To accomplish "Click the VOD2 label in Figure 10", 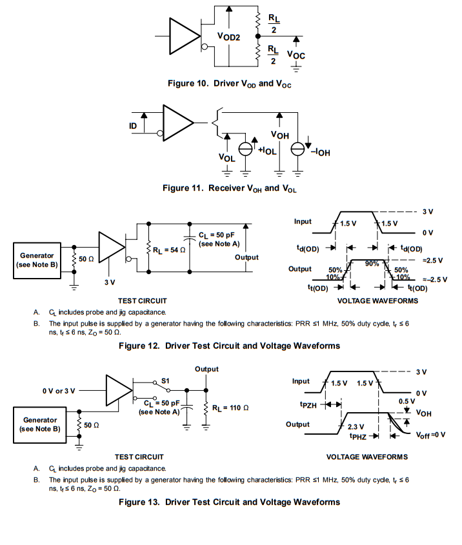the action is [x=228, y=37].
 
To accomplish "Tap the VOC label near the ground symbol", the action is [x=296, y=55].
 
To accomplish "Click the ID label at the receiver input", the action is [x=133, y=126].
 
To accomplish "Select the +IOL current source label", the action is [x=267, y=150].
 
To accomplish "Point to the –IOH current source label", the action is [x=320, y=152].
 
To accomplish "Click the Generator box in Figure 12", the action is [x=37, y=261].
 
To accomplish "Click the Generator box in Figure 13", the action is [x=39, y=425].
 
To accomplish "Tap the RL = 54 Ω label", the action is [x=169, y=250].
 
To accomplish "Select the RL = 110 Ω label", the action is [x=230, y=408].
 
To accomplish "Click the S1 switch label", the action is [x=165, y=381].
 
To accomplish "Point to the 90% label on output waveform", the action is [x=372, y=264].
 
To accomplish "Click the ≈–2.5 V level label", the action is [x=435, y=279].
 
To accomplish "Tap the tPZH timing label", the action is [x=308, y=405].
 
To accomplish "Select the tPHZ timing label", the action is [x=358, y=436].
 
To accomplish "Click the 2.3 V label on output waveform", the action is [x=356, y=426].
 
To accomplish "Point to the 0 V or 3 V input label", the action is [x=59, y=391].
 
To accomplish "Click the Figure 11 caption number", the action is [x=183, y=188].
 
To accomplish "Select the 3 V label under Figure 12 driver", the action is [x=110, y=282].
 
